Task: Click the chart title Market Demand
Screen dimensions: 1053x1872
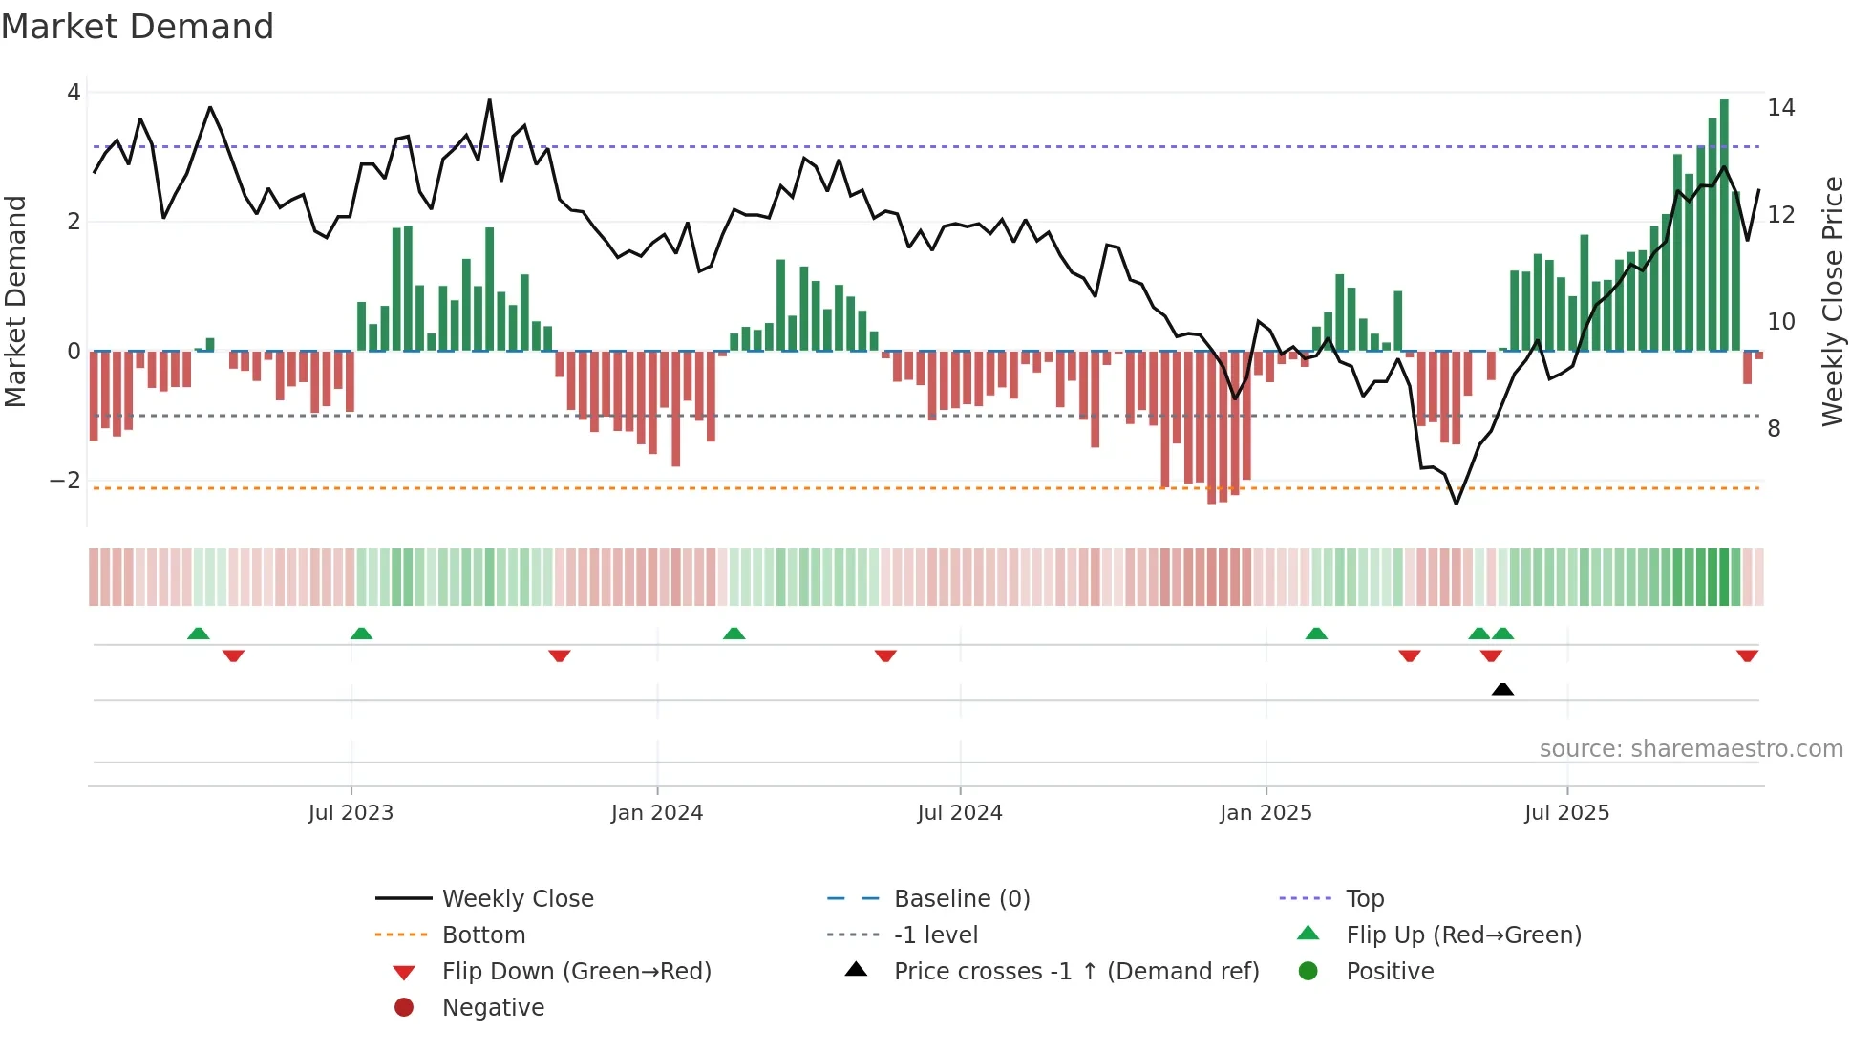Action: click(x=138, y=27)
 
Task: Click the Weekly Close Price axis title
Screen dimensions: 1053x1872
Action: click(x=1832, y=301)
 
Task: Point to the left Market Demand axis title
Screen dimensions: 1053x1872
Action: click(x=15, y=301)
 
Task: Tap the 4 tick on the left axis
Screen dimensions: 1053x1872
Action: click(x=74, y=93)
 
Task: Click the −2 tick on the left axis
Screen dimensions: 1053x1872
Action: click(x=66, y=481)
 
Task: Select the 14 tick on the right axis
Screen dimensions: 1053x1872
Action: click(x=1780, y=108)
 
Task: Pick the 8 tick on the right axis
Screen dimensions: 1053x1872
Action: click(x=1774, y=429)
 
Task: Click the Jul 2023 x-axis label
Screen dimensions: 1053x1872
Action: click(x=351, y=813)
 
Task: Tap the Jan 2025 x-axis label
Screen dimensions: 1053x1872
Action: click(x=1266, y=813)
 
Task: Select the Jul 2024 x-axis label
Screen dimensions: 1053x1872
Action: click(x=960, y=813)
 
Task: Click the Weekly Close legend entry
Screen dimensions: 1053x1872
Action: click(x=517, y=899)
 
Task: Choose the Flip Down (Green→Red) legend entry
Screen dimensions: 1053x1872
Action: click(x=576, y=972)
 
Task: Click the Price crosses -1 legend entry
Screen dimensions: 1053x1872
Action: click(x=1075, y=972)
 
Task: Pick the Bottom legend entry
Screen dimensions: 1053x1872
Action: click(x=483, y=935)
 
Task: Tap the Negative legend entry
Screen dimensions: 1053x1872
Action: click(x=493, y=1008)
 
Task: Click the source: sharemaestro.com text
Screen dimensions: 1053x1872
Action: click(x=1691, y=749)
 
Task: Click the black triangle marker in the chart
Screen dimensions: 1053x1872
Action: click(x=1502, y=689)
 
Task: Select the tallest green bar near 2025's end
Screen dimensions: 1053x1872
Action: click(x=1724, y=225)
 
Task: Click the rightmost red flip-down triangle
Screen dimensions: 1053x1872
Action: click(x=1747, y=655)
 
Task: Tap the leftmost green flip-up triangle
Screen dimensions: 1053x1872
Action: click(x=199, y=634)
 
